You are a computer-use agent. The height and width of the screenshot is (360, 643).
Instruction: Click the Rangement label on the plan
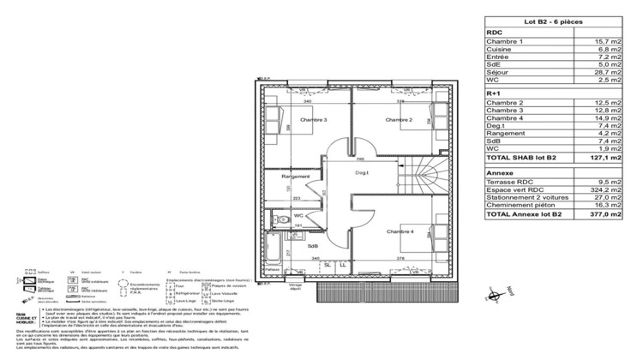(295, 177)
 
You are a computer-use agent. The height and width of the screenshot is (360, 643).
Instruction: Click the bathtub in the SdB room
(273, 249)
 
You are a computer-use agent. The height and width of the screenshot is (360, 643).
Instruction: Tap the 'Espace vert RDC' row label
(513, 189)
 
